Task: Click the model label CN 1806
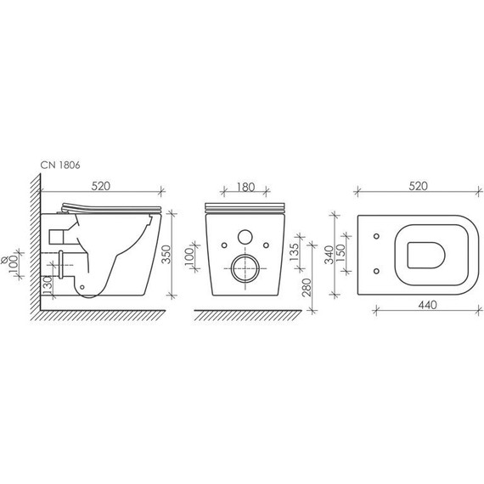60,165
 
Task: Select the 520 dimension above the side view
101,186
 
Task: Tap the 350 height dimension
166,254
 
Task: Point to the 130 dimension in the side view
48,285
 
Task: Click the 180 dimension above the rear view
245,187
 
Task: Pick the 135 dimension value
294,251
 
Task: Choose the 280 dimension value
307,287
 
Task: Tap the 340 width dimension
329,255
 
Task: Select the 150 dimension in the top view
340,253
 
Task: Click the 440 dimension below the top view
427,305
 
